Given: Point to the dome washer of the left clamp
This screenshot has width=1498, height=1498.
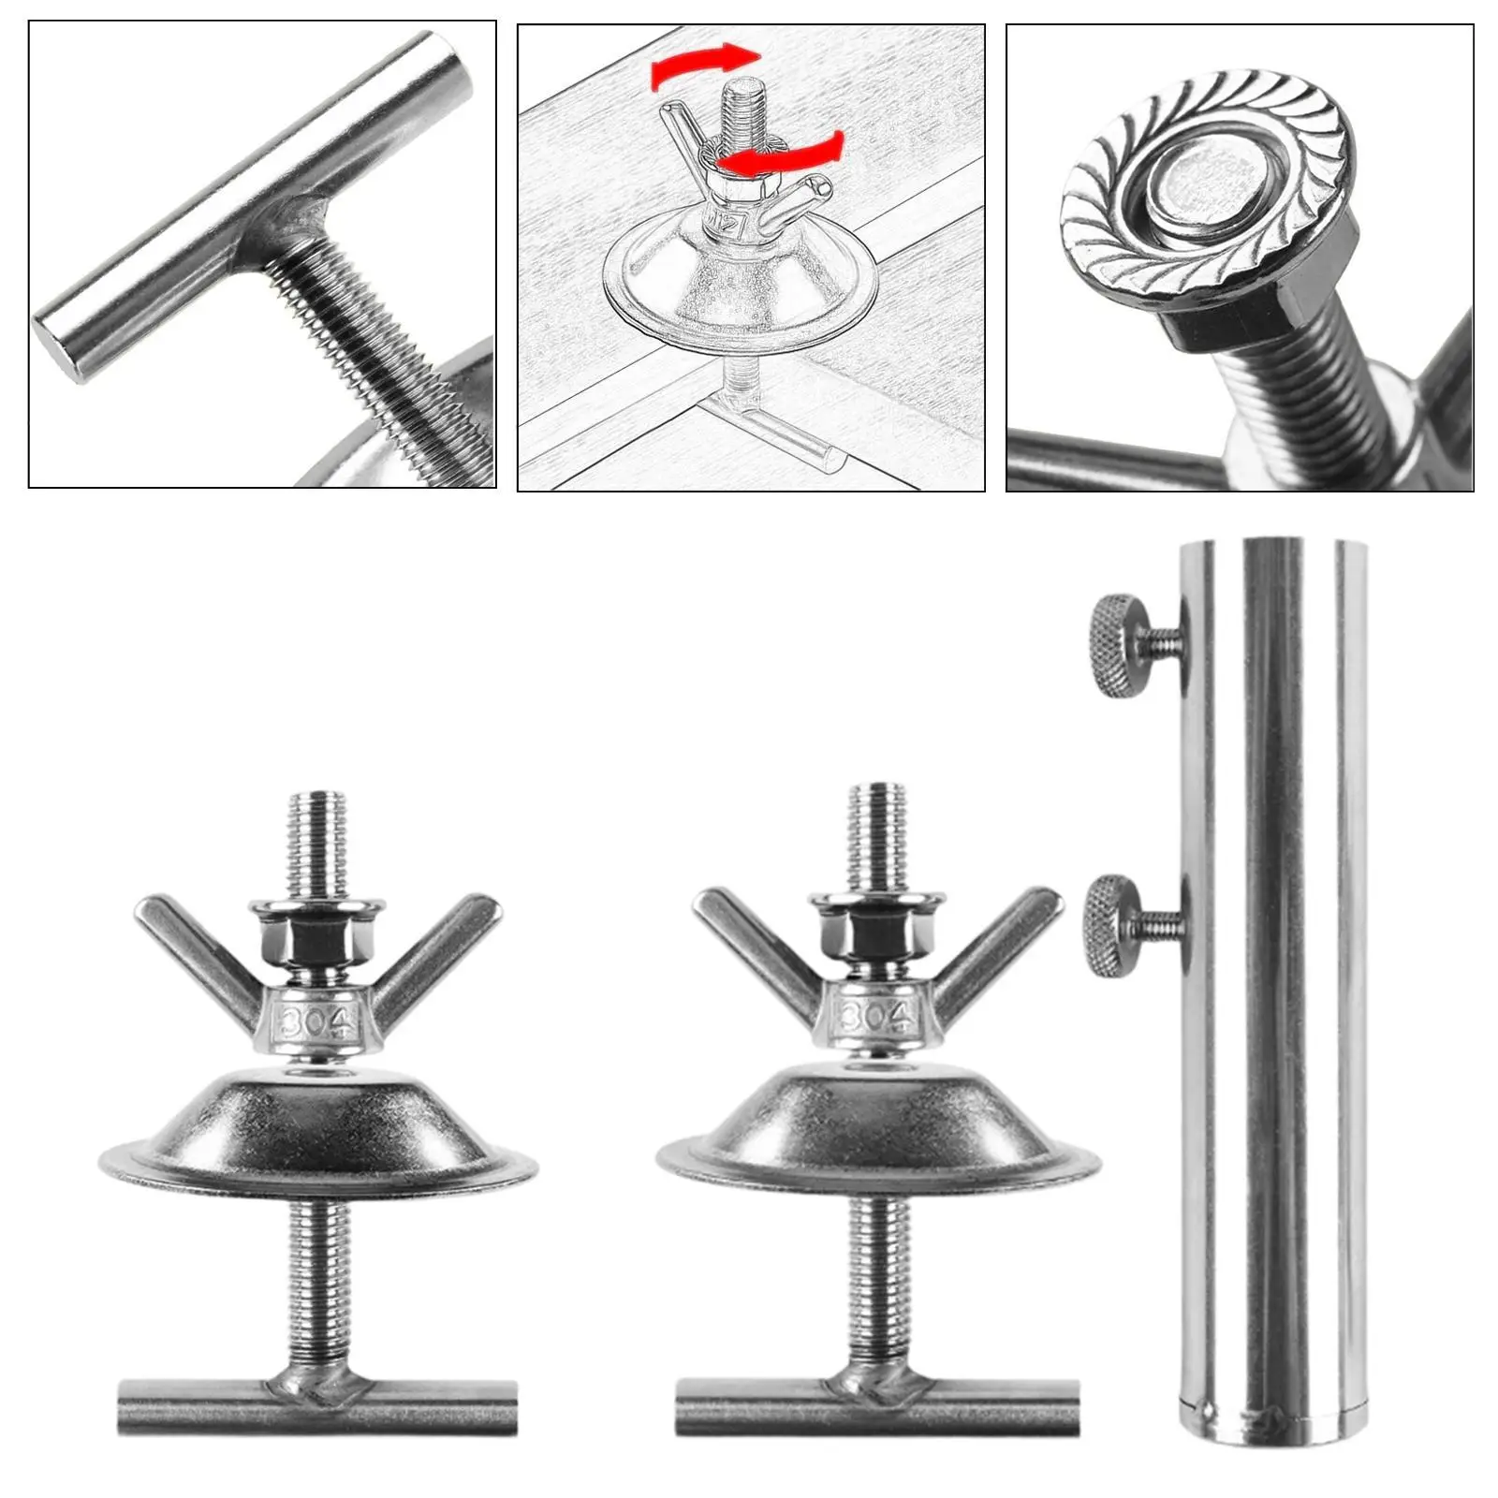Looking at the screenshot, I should tap(318, 1128).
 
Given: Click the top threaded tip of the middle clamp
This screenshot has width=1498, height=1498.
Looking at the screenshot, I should tap(878, 815).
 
